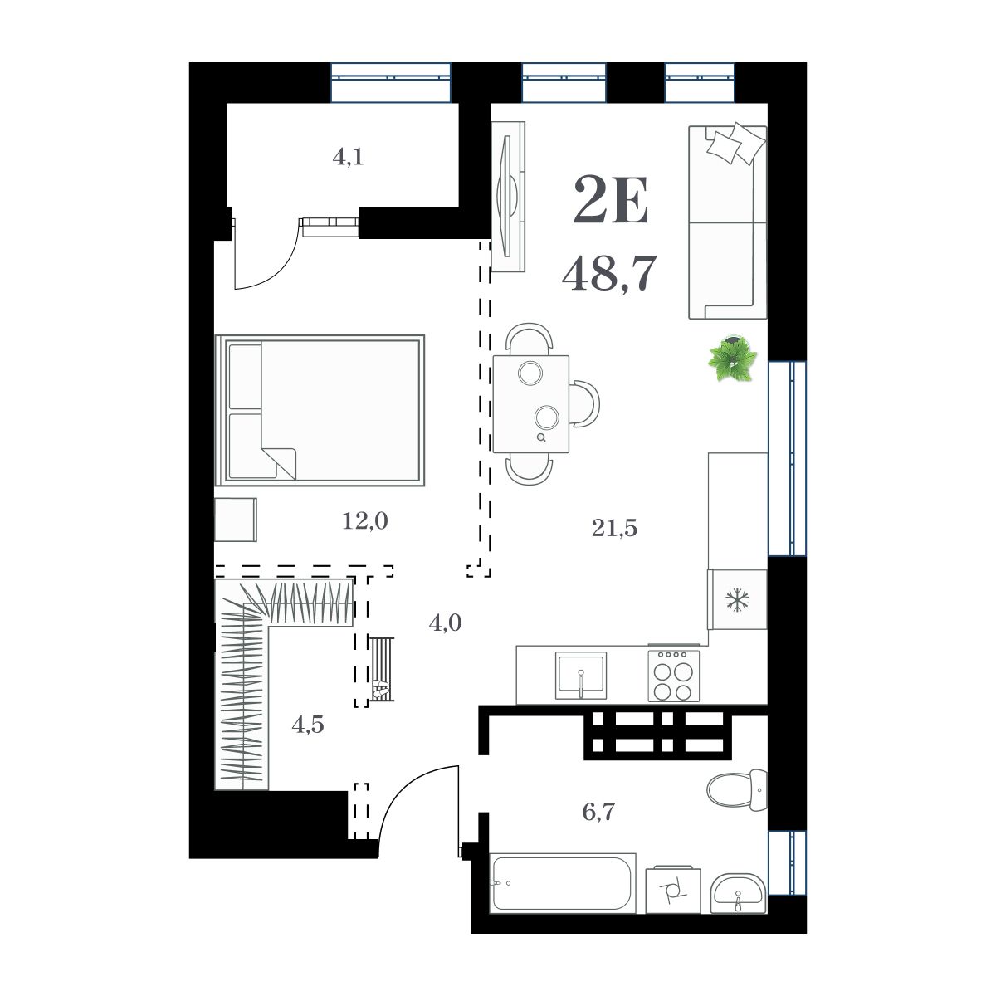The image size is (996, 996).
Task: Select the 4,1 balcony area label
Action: [349, 157]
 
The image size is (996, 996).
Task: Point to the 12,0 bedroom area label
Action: [365, 521]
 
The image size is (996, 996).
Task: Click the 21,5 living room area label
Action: [614, 527]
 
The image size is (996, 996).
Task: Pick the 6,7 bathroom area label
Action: [598, 811]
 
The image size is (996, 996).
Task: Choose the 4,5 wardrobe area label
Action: [307, 725]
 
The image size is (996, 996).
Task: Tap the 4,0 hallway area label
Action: [445, 622]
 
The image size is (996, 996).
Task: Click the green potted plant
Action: [733, 359]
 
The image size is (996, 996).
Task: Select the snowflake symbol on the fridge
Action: [735, 601]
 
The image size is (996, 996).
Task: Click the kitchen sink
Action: [581, 675]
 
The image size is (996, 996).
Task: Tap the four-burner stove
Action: [672, 675]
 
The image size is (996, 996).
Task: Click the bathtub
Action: [563, 882]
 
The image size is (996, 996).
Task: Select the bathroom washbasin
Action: [740, 892]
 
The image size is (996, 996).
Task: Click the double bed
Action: [320, 410]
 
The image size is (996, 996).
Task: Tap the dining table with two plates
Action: [531, 404]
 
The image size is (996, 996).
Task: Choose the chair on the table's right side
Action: [585, 403]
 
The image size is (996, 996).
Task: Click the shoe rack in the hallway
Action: [382, 670]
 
